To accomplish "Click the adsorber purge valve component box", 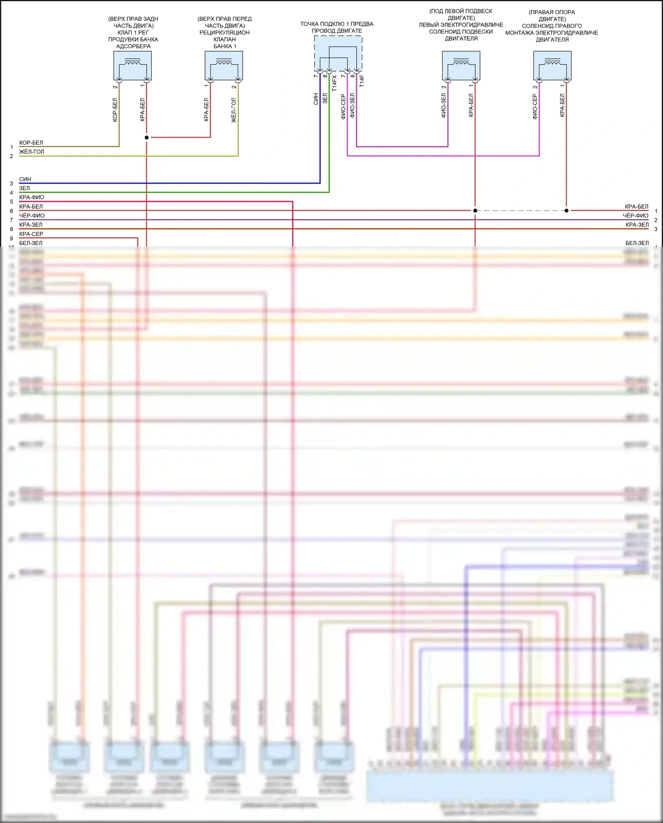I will point(133,65).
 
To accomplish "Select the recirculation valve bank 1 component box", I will point(224,65).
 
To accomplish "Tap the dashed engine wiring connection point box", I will point(338,54).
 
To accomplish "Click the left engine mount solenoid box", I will point(461,65).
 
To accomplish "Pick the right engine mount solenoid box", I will point(552,65).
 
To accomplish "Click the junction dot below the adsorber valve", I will point(147,138).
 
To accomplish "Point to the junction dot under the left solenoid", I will point(475,211).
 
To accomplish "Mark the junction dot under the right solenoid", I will point(567,211).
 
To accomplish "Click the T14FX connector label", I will point(335,83).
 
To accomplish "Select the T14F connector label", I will point(362,81).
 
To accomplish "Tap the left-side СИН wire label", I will point(25,179).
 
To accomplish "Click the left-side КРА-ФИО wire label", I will point(31,197).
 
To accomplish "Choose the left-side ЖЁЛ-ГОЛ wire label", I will point(31,152).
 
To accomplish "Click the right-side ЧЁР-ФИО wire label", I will point(635,215).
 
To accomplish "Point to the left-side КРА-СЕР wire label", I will point(31,234).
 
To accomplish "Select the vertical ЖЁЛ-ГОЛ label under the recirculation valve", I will point(234,110).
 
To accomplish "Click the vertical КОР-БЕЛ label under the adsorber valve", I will point(115,110).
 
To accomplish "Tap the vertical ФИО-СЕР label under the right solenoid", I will point(535,107).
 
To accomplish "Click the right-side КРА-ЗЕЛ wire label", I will point(637,225).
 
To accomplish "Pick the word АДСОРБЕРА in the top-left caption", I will point(133,46).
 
